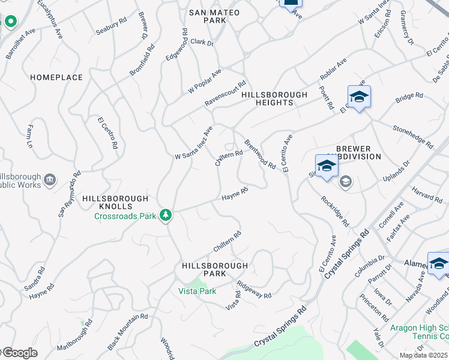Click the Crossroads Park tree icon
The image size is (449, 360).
tap(165, 215)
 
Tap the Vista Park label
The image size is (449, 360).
tap(197, 291)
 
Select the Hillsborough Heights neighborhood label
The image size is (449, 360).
tap(274, 98)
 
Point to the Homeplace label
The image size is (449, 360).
tap(56, 77)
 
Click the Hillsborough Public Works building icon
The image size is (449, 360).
tap(50, 178)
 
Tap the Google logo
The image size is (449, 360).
tap(19, 353)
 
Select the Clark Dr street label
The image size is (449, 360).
tap(202, 42)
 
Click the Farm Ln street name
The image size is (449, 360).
tap(29, 137)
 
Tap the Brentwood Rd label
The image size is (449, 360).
tap(260, 154)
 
